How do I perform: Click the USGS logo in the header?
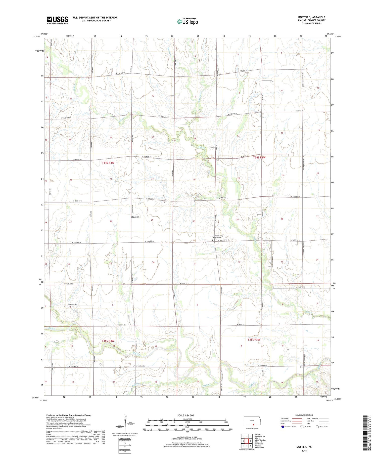[x=57, y=20]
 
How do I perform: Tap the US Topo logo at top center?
[x=187, y=22]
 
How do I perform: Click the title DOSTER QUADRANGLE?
[x=311, y=17]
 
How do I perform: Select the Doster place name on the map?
[x=135, y=217]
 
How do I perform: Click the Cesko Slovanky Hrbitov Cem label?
[x=218, y=237]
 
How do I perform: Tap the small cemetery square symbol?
[x=212, y=240]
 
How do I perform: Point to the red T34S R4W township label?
[x=108, y=163]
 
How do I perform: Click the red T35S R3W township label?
[x=254, y=340]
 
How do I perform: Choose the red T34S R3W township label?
[x=259, y=157]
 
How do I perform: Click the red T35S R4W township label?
[x=108, y=341]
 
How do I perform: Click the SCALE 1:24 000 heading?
[x=187, y=415]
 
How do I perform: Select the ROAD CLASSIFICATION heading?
[x=304, y=415]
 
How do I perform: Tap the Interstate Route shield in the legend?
[x=283, y=427]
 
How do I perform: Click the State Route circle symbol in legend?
[x=317, y=427]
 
